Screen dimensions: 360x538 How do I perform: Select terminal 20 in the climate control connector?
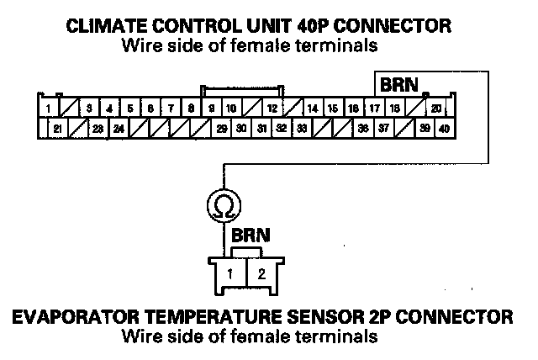[435, 109]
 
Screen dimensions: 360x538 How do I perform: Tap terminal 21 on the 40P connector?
[57, 129]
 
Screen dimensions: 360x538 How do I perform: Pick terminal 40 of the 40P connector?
[444, 129]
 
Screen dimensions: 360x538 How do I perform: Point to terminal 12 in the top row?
[272, 109]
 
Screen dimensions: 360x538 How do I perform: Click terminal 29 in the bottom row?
[222, 129]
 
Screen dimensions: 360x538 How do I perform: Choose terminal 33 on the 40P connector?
[301, 129]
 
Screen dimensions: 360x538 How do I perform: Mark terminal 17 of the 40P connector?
[374, 109]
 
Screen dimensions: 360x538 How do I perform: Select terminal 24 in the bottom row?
[119, 129]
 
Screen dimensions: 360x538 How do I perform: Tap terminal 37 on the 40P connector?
[383, 129]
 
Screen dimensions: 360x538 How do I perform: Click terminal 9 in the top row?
[211, 109]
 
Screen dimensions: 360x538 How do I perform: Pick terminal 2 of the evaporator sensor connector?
[261, 273]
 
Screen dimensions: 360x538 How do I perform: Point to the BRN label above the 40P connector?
[400, 85]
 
